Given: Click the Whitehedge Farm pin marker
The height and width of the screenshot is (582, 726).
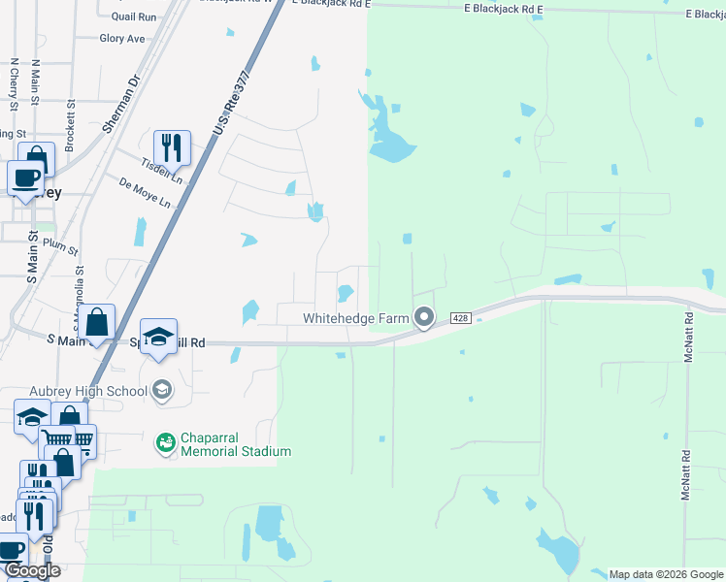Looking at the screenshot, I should (424, 317).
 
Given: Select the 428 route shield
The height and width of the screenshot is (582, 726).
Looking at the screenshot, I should (461, 318).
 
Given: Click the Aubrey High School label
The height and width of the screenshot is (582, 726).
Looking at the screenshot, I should (88, 391).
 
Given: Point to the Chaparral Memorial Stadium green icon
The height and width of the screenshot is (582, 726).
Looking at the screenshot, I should (165, 443).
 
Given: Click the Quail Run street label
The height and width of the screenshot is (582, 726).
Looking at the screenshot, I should (134, 17).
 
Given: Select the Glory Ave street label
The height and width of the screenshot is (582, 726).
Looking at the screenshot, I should (122, 39).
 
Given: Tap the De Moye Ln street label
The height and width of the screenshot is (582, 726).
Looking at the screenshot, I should (145, 193).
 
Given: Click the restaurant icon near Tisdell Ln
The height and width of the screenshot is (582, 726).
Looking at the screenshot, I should (172, 147).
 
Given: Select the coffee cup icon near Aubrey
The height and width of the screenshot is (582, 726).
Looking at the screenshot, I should (25, 178).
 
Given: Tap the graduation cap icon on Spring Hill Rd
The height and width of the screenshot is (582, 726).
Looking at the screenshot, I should (158, 337).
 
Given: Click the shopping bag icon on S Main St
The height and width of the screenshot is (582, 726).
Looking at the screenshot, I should (97, 322).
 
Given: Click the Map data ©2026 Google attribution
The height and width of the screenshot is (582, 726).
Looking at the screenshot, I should (665, 574).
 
